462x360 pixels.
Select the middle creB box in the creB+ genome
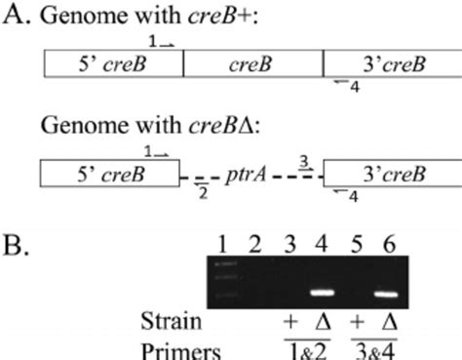[253, 64]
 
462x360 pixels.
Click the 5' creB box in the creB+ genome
[112, 64]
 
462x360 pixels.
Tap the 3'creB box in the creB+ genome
[388, 64]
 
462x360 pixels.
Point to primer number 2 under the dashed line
[202, 193]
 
